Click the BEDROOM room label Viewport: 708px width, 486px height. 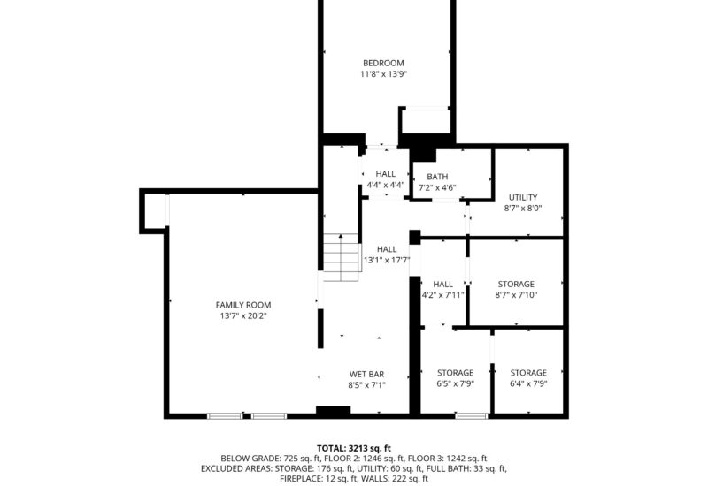tap(383, 63)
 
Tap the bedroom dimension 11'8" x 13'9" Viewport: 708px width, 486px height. tap(383, 75)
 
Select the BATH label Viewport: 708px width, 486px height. tap(425, 177)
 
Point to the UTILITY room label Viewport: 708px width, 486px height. tap(522, 197)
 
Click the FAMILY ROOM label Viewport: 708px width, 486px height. tap(243, 305)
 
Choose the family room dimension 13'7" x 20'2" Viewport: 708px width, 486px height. tap(243, 316)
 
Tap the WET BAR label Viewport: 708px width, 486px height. tap(366, 373)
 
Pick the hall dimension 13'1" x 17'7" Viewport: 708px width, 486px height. tap(387, 261)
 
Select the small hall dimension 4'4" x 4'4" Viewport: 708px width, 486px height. tap(385, 186)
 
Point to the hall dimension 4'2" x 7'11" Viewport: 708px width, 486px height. tap(442, 295)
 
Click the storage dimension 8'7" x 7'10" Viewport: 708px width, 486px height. tap(517, 295)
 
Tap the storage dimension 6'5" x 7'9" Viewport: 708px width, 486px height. tap(455, 384)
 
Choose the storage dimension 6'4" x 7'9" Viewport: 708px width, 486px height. tap(527, 384)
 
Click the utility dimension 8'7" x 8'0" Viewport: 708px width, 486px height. tap(522, 209)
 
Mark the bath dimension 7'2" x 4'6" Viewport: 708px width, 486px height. tap(436, 187)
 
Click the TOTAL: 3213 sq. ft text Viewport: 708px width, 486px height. tap(353, 449)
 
